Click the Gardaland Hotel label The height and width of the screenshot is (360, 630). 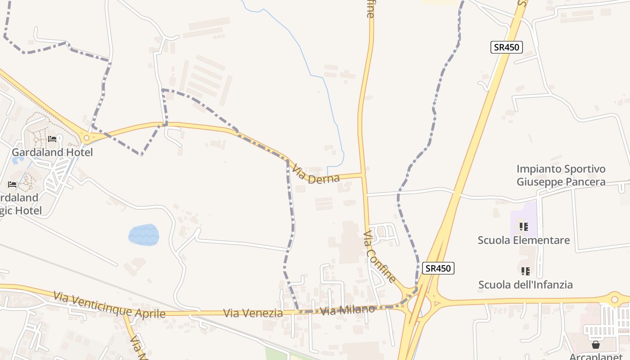[52, 152]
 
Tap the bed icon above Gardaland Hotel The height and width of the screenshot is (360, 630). [52, 139]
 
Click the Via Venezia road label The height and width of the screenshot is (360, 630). [253, 313]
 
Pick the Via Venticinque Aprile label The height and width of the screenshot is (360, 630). [109, 305]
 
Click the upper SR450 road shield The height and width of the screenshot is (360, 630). [506, 47]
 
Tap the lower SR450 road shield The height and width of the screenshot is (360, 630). [438, 268]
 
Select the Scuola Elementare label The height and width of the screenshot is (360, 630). [524, 240]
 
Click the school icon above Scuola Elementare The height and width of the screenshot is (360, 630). [523, 226]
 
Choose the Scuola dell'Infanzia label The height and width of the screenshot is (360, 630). [525, 285]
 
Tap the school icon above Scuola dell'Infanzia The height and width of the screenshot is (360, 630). [525, 271]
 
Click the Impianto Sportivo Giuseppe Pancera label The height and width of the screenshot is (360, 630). [561, 175]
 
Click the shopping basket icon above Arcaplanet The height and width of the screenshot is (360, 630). [596, 345]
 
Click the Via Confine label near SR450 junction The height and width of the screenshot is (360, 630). [380, 257]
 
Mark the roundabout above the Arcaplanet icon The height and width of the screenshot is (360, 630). [614, 298]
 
